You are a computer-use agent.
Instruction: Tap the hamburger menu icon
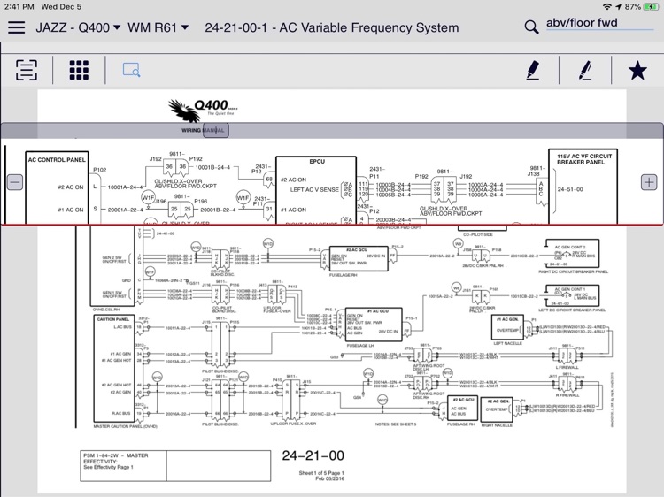pyautogui.click(x=16, y=27)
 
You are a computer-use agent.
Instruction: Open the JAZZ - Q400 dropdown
pyautogui.click(x=78, y=27)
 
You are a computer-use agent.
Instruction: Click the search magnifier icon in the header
pyautogui.click(x=531, y=27)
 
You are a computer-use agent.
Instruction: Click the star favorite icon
pyautogui.click(x=637, y=70)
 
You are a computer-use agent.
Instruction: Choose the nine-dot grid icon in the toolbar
pyautogui.click(x=80, y=70)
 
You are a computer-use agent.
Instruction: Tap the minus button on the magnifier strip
pyautogui.click(x=15, y=182)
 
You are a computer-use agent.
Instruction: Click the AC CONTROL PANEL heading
pyautogui.click(x=57, y=160)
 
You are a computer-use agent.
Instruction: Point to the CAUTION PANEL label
pyautogui.click(x=114, y=319)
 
